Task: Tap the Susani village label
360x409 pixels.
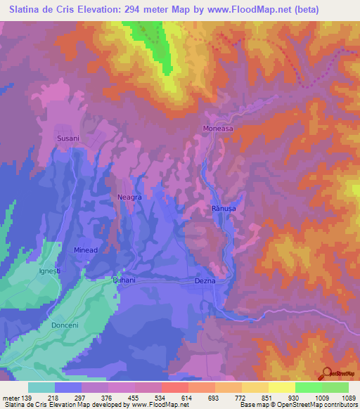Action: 68,139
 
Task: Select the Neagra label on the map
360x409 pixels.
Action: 130,197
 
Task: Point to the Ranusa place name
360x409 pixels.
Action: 222,209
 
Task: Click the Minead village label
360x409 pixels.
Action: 86,249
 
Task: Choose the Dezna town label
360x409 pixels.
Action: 205,280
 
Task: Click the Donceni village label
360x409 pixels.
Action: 67,326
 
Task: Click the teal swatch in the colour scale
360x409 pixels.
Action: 41,387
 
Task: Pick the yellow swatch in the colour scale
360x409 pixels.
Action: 281,387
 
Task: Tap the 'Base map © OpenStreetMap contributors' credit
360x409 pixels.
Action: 299,405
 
